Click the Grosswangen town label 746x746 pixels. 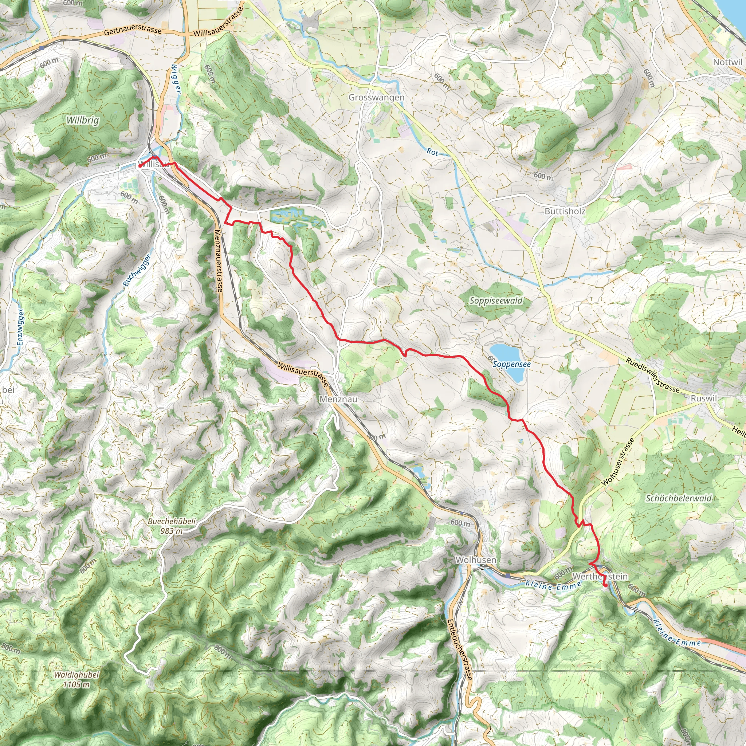[x=377, y=98]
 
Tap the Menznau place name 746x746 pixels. [x=338, y=399]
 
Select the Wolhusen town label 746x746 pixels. [x=476, y=560]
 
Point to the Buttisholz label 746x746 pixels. [x=565, y=211]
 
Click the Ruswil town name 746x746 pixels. [x=703, y=398]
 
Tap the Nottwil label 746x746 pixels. [x=727, y=63]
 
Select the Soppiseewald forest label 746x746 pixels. [x=496, y=301]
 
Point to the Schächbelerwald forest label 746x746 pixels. [x=678, y=499]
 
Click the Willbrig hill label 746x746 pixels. [x=83, y=121]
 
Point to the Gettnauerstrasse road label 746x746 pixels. [x=133, y=32]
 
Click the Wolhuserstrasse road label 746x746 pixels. [x=618, y=462]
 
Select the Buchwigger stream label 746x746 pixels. [x=137, y=270]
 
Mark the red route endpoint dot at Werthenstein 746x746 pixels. [x=605, y=585]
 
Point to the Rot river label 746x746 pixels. [x=432, y=152]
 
